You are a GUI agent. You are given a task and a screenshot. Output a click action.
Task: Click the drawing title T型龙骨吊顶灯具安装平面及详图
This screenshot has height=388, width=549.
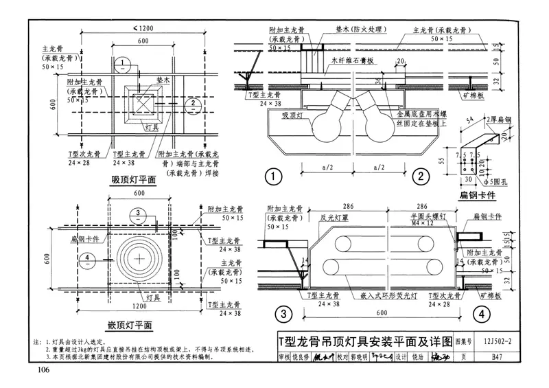tap(364, 341)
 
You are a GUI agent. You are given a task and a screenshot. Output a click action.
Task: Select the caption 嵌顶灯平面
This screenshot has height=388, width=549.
tap(134, 325)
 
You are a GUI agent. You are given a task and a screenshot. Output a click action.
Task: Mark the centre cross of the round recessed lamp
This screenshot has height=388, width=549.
tap(140, 258)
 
